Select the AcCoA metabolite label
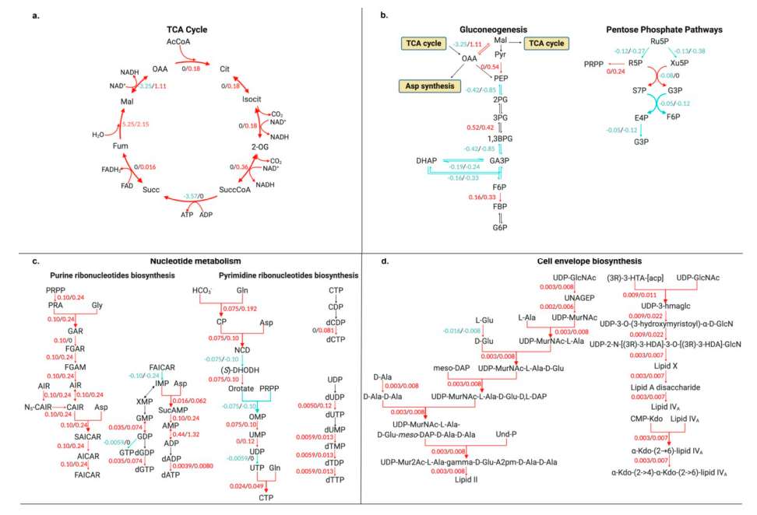(x=178, y=41)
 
